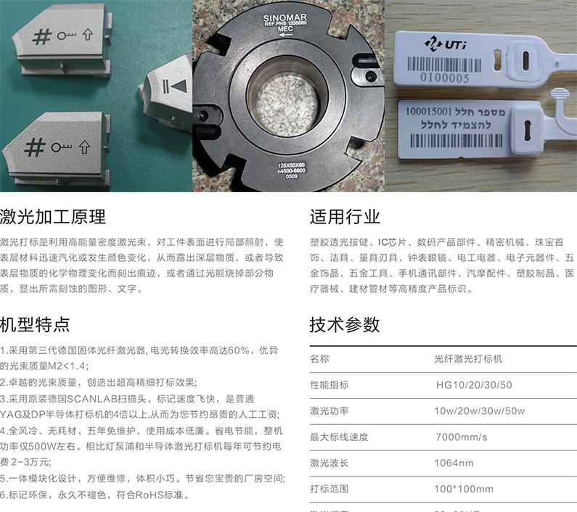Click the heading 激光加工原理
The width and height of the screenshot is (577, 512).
(53, 216)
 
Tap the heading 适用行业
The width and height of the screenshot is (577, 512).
(345, 216)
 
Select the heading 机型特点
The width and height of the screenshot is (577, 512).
(36, 323)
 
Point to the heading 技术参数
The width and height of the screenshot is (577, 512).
(345, 323)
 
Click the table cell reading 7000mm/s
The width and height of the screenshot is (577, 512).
(461, 437)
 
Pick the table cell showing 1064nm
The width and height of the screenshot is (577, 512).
(454, 463)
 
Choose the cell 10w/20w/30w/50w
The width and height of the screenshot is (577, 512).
(479, 410)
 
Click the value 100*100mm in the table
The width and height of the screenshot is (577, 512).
(464, 489)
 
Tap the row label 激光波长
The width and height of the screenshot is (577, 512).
(330, 463)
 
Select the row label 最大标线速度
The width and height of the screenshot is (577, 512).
(339, 437)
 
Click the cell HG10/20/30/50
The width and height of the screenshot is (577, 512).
(474, 384)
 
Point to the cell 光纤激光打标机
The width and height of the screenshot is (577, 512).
(468, 358)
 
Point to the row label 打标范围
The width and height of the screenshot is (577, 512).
(330, 489)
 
